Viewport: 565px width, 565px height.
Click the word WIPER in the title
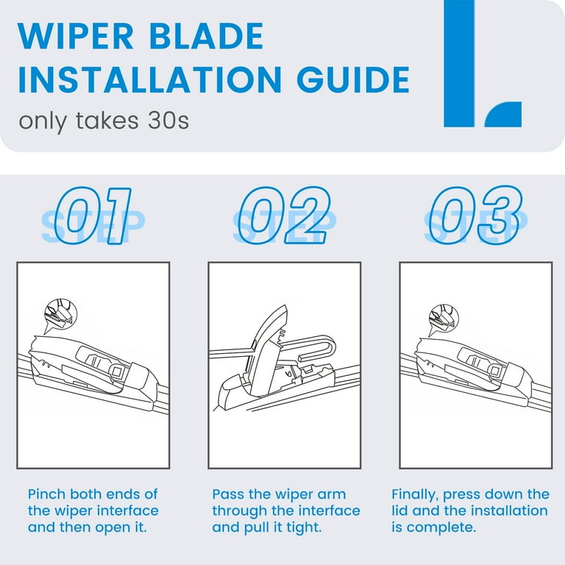click(x=76, y=35)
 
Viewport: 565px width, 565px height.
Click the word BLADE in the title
click(x=207, y=35)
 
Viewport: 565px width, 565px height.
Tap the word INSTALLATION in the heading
click(x=150, y=79)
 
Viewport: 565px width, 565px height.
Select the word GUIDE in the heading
click(x=353, y=79)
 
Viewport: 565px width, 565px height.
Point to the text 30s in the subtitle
click(x=168, y=121)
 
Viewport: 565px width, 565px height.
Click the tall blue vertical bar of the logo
click(x=459, y=63)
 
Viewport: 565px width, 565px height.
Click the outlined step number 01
click(x=93, y=216)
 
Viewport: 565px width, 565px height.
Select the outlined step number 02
click(x=284, y=216)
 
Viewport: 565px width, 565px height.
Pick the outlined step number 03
click(x=476, y=216)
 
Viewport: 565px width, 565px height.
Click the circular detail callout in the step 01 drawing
click(x=60, y=313)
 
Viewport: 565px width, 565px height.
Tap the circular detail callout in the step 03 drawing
click(x=443, y=318)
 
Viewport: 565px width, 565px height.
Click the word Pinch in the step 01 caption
click(x=47, y=494)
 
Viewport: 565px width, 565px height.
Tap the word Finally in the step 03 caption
click(x=414, y=494)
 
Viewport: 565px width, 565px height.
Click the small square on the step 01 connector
click(x=117, y=372)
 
